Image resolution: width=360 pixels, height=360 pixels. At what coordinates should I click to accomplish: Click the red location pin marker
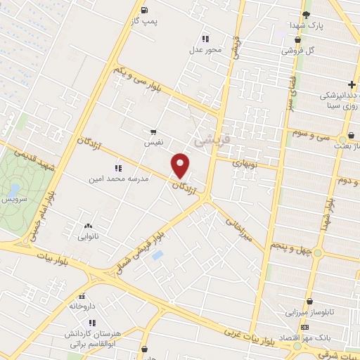point(181,165)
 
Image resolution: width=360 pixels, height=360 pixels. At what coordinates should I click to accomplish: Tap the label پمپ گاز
point(145,22)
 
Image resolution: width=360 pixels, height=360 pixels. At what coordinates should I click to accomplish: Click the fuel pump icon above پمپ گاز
point(144,10)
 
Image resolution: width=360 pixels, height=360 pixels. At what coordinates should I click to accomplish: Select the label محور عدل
point(205,50)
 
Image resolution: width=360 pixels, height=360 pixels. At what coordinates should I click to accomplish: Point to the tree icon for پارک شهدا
point(305,14)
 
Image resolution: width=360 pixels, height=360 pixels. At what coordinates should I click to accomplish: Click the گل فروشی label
point(298,51)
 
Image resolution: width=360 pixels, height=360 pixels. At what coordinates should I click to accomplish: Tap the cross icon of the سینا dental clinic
point(351,85)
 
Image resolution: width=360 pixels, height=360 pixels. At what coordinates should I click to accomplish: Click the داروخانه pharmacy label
point(82,307)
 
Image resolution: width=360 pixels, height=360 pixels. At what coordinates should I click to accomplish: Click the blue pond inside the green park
point(13,190)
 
